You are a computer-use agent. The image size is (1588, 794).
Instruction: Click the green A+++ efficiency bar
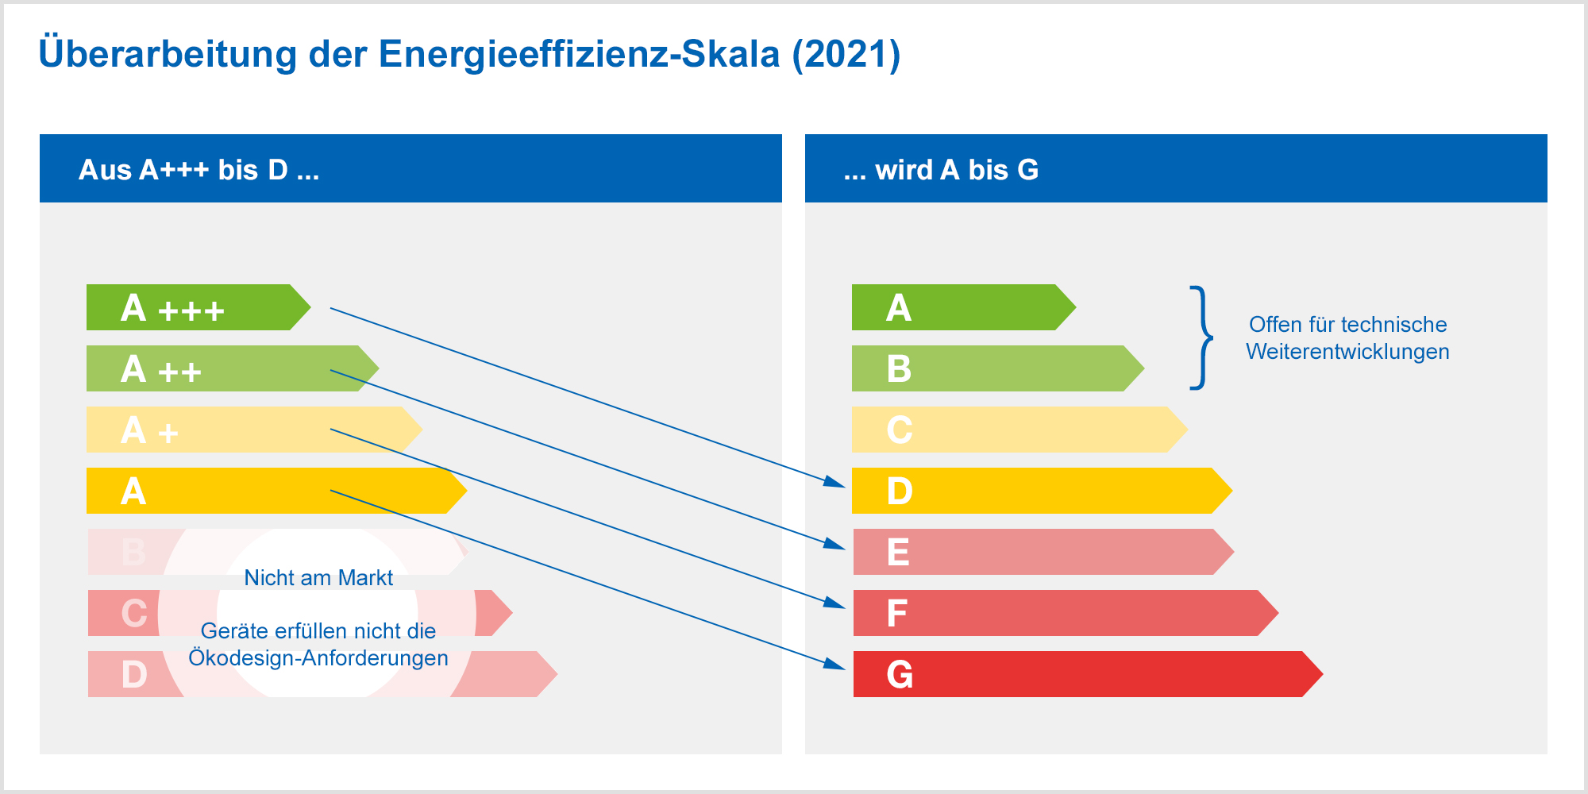[x=198, y=307]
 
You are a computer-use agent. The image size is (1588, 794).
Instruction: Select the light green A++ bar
[x=233, y=368]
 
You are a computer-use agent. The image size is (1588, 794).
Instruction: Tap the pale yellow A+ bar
[x=254, y=430]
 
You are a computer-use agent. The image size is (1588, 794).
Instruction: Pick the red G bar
[x=1088, y=674]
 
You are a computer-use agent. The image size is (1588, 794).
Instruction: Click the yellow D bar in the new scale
[x=1042, y=491]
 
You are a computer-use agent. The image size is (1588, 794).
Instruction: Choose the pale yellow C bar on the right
[x=1019, y=430]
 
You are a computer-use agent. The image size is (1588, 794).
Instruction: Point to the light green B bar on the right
[x=998, y=368]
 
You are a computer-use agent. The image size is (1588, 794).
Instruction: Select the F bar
[x=1066, y=613]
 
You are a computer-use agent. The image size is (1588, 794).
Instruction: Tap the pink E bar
[x=1043, y=552]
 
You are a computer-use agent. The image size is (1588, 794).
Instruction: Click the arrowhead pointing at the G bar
[x=835, y=664]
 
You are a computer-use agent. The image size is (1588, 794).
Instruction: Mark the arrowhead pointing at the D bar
[x=835, y=480]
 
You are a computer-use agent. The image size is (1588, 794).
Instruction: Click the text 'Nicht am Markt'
[x=318, y=578]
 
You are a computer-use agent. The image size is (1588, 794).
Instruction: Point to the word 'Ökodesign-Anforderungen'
[x=318, y=658]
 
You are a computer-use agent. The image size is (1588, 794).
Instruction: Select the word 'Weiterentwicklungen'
[x=1347, y=352]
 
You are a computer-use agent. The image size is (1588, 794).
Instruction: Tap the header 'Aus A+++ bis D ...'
[x=199, y=170]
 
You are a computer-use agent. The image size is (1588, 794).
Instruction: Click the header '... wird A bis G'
[x=941, y=170]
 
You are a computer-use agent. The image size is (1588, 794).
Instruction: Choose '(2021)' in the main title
[x=846, y=55]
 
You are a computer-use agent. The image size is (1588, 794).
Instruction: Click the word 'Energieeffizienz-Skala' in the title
[x=580, y=55]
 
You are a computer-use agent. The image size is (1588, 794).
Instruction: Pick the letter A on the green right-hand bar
[x=899, y=308]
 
